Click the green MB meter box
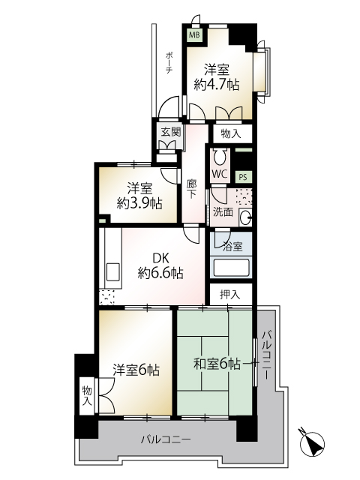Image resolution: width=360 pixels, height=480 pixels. (x=194, y=34)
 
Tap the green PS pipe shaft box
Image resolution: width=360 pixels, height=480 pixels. (x=243, y=177)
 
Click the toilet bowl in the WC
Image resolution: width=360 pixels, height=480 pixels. (x=219, y=157)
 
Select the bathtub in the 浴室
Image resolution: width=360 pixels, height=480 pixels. (x=232, y=268)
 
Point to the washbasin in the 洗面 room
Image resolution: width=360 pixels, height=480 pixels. (x=245, y=217)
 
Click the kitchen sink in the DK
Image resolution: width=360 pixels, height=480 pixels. (x=112, y=271)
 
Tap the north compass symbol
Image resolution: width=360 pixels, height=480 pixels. (x=312, y=442)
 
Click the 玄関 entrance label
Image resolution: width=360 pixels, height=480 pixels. (x=171, y=132)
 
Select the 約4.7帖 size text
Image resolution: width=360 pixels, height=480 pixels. (x=217, y=84)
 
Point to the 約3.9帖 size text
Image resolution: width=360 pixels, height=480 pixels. (x=139, y=203)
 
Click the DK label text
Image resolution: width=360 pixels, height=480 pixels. (x=160, y=259)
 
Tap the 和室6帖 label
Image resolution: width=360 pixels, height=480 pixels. (x=217, y=364)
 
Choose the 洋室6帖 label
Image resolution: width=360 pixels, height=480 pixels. (x=136, y=370)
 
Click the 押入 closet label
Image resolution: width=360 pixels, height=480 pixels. (x=230, y=295)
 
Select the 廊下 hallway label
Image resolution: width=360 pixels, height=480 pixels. (x=192, y=189)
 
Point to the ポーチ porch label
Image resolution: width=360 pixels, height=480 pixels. (x=169, y=63)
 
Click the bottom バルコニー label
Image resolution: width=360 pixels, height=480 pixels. (x=166, y=440)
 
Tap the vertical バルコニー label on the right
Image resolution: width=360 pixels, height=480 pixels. (x=265, y=354)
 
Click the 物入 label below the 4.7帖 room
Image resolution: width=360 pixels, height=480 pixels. (x=231, y=133)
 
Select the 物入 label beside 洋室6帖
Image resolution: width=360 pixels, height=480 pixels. (x=87, y=396)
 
